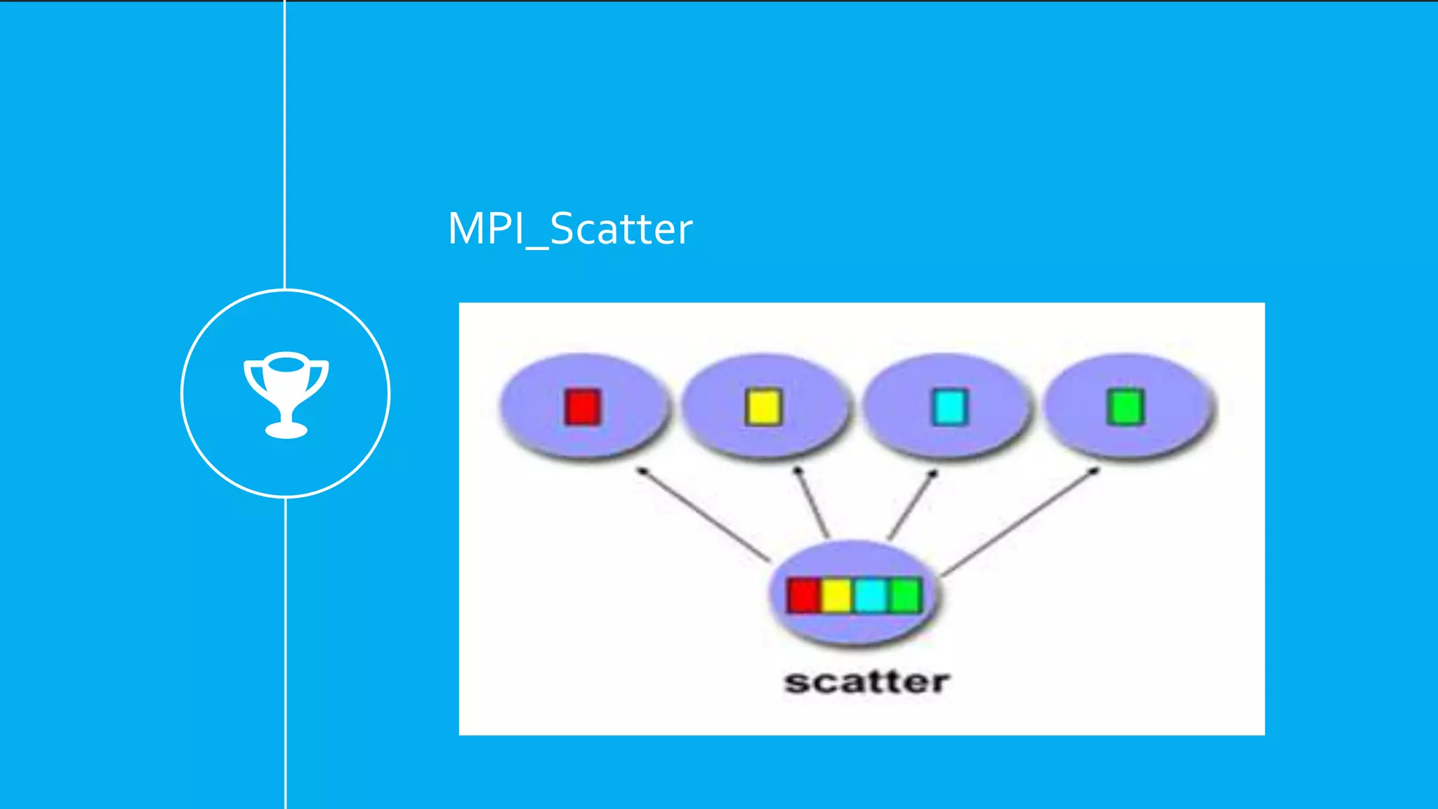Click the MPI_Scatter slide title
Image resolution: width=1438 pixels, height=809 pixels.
(x=569, y=229)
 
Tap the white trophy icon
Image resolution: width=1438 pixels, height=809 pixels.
(x=286, y=394)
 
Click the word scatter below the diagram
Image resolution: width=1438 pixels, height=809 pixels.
(x=866, y=682)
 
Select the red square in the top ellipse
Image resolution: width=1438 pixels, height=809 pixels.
(x=582, y=407)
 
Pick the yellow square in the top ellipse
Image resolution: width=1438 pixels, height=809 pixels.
(x=763, y=407)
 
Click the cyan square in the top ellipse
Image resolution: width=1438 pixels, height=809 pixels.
(x=949, y=407)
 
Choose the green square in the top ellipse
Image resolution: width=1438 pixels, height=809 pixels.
(x=1126, y=407)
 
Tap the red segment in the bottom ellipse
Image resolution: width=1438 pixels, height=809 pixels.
(x=803, y=596)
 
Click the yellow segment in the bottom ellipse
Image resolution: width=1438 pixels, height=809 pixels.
(x=836, y=596)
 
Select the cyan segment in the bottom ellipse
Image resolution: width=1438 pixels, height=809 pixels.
(x=871, y=596)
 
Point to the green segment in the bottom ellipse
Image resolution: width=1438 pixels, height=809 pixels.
(x=904, y=596)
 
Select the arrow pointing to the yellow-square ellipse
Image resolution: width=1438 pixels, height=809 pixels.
(x=812, y=503)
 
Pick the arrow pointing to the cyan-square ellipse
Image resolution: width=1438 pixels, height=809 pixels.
(x=912, y=506)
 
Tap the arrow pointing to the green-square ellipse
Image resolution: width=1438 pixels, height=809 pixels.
(x=1018, y=522)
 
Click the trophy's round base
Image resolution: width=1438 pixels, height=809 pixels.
(x=286, y=429)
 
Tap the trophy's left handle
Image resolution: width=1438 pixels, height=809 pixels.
(x=251, y=376)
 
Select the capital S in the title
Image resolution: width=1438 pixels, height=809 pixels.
(x=562, y=229)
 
